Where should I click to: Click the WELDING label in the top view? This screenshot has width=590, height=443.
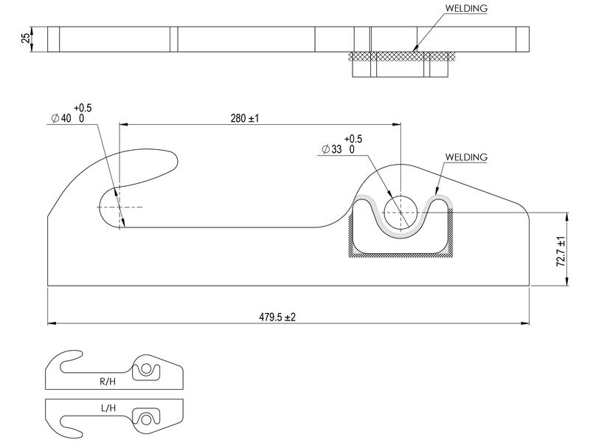click(466, 9)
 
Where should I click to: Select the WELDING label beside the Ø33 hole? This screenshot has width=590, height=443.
click(466, 157)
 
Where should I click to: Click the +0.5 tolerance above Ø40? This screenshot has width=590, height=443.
click(83, 108)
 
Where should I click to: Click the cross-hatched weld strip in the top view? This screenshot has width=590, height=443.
click(402, 55)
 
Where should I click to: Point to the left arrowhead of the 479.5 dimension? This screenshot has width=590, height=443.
click(51, 323)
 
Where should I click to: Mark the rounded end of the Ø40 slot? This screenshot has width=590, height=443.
click(103, 207)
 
